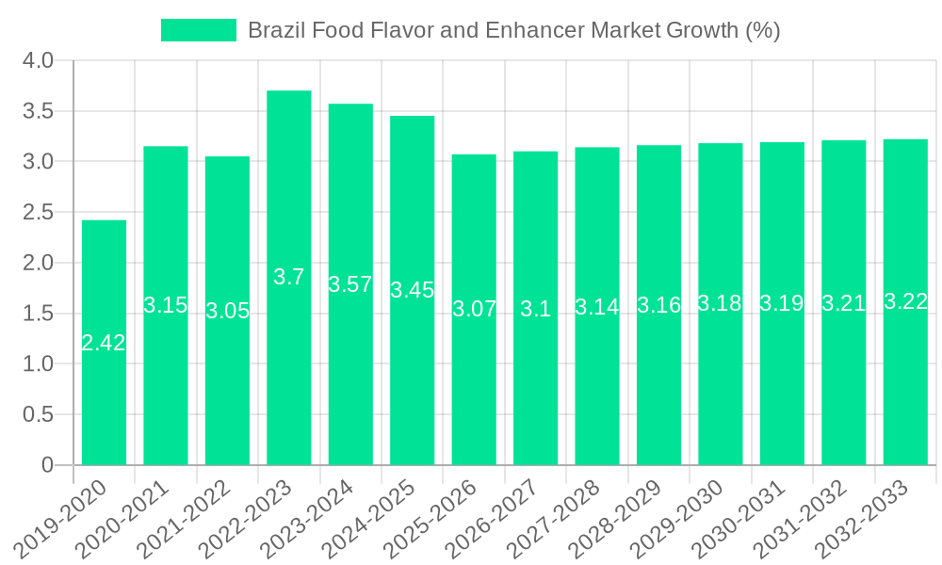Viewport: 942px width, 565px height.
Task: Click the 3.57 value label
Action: (x=350, y=284)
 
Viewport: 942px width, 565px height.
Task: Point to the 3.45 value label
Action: (x=413, y=290)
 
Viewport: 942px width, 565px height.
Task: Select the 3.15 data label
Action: (x=166, y=305)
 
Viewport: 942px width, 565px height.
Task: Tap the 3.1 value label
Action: (x=536, y=309)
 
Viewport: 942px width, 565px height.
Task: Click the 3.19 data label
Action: (x=782, y=303)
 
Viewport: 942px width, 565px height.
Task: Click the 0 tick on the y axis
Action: (x=48, y=465)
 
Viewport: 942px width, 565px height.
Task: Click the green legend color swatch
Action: (x=199, y=30)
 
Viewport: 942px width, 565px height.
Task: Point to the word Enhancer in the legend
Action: (x=534, y=30)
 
